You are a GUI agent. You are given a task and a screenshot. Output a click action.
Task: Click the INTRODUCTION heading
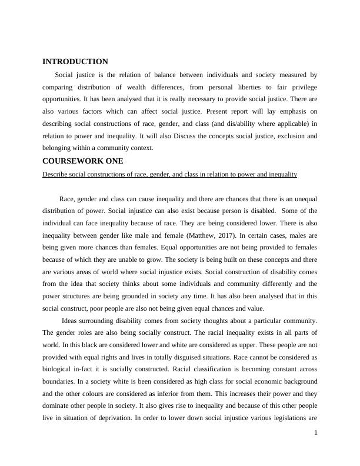click(75, 62)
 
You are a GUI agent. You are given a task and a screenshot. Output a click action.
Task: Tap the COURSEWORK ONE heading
click(82, 161)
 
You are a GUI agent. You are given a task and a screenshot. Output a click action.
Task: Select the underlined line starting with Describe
click(170, 175)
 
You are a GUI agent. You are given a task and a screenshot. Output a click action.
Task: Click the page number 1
click(315, 433)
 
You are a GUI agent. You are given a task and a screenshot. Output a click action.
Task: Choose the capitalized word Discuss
click(186, 136)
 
